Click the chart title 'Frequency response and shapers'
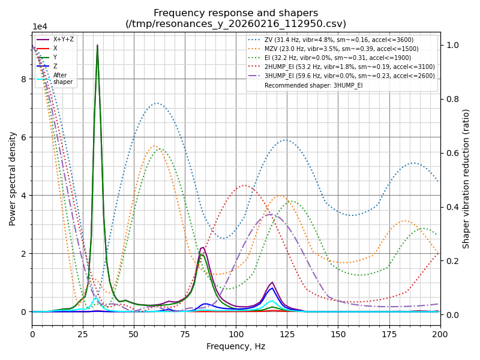pyautogui.click(x=236, y=13)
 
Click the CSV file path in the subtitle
pyautogui.click(x=236, y=24)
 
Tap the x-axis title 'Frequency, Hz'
pyautogui.click(x=236, y=346)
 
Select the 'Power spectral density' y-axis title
pyautogui.click(x=13, y=178)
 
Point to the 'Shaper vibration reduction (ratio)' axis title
pyautogui.click(x=466, y=178)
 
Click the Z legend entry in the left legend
pyautogui.click(x=55, y=66)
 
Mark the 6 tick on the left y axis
pyautogui.click(x=24, y=137)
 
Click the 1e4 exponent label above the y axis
pyautogui.click(x=40, y=27)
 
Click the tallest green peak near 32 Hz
pyautogui.click(x=97, y=46)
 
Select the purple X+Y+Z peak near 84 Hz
pyautogui.click(x=203, y=247)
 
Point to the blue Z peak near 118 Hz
pyautogui.click(x=272, y=288)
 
